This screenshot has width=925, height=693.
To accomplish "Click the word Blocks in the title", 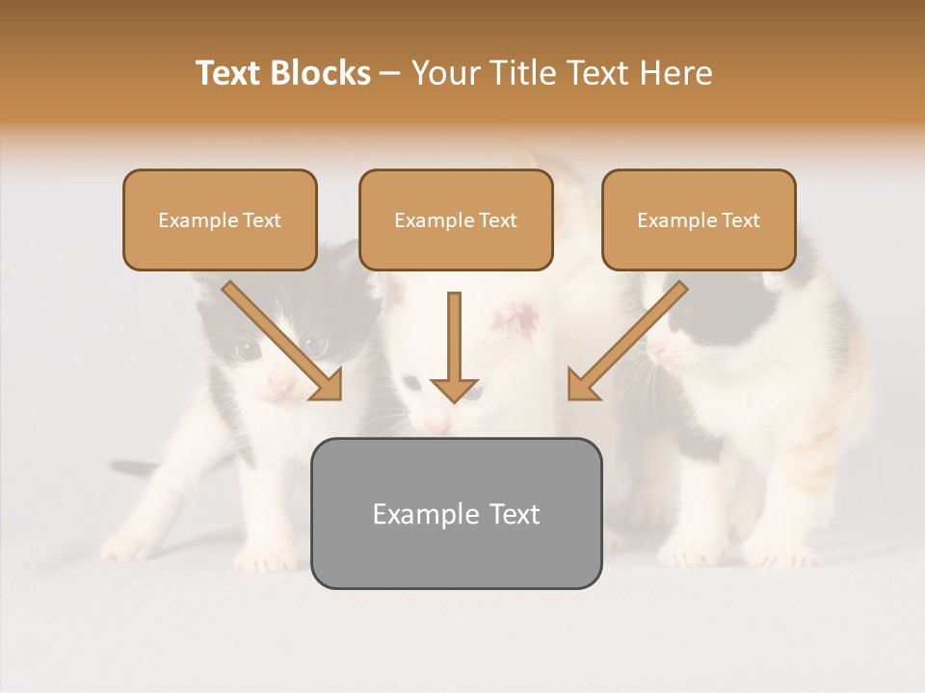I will (x=323, y=73).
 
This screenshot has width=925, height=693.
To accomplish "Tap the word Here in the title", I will (x=674, y=73).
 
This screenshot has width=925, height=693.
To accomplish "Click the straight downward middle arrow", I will (x=455, y=337).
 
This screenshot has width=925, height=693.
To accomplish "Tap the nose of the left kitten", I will (x=281, y=384).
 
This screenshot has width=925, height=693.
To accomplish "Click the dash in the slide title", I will (x=390, y=73).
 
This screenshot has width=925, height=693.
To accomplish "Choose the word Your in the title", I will (x=443, y=73).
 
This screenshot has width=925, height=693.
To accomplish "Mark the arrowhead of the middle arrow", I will (x=455, y=389).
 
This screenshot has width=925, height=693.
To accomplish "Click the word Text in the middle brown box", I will (x=498, y=220).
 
